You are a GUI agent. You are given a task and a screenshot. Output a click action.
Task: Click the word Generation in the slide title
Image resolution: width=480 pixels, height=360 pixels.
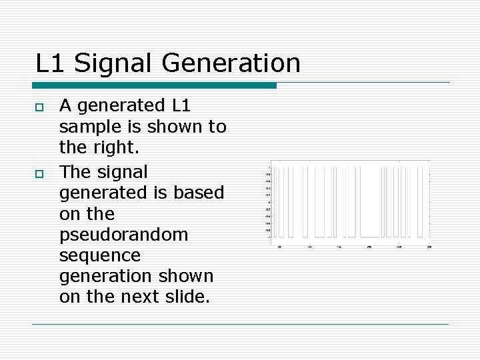pyautogui.click(x=231, y=63)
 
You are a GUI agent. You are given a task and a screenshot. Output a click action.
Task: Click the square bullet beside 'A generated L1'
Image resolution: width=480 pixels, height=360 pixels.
pyautogui.click(x=39, y=107)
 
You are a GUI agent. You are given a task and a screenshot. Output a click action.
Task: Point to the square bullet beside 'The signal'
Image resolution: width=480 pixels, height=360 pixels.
pyautogui.click(x=39, y=173)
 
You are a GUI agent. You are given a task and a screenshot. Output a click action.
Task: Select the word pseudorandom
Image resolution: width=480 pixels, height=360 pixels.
pyautogui.click(x=123, y=235)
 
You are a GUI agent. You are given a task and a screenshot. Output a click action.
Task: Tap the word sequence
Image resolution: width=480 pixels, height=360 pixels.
pyautogui.click(x=100, y=255)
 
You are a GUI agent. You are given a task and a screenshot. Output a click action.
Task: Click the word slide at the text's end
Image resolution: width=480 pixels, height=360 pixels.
pyautogui.click(x=189, y=297)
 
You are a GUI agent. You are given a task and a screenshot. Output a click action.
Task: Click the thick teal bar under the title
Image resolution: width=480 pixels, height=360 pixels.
pyautogui.click(x=154, y=85)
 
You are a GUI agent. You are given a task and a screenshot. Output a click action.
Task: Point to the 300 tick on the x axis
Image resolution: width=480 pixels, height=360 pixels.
pyautogui.click(x=429, y=247)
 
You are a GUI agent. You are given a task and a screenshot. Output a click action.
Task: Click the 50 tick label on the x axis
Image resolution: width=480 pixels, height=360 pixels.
pyautogui.click(x=279, y=247)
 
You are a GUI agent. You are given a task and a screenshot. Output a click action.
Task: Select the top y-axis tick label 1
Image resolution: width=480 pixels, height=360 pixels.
pyautogui.click(x=269, y=167)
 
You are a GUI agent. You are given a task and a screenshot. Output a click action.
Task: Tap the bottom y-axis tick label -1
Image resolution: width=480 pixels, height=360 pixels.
pyautogui.click(x=269, y=237)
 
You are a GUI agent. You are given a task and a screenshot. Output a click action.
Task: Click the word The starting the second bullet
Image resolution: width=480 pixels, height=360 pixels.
pyautogui.click(x=75, y=172)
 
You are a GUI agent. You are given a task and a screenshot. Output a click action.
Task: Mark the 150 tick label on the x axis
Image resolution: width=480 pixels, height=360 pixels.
pyautogui.click(x=339, y=247)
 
